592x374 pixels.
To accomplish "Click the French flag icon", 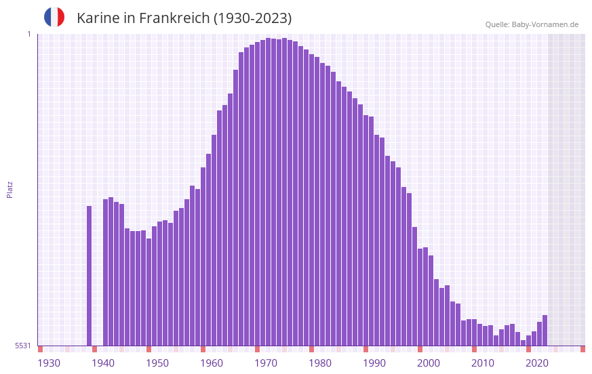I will coord(54,17).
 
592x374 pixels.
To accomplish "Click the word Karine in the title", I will coord(98,18).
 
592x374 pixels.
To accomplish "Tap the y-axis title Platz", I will coord(9,189).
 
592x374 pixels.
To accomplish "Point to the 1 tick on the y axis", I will coord(28,34).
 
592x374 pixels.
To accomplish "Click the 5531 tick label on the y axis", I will coord(23,346).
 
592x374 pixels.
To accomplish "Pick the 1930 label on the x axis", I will coord(49,363).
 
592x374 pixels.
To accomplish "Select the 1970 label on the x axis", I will coord(266,363).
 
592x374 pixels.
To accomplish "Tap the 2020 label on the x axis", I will coord(537,363).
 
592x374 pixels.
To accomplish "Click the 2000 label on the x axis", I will coord(429,363).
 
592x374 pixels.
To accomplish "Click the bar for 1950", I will coord(159,284).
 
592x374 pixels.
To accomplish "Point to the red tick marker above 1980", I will coord(311,349).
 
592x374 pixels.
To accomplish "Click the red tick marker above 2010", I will coord(474,349).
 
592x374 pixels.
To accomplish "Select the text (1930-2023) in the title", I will coord(253,18).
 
